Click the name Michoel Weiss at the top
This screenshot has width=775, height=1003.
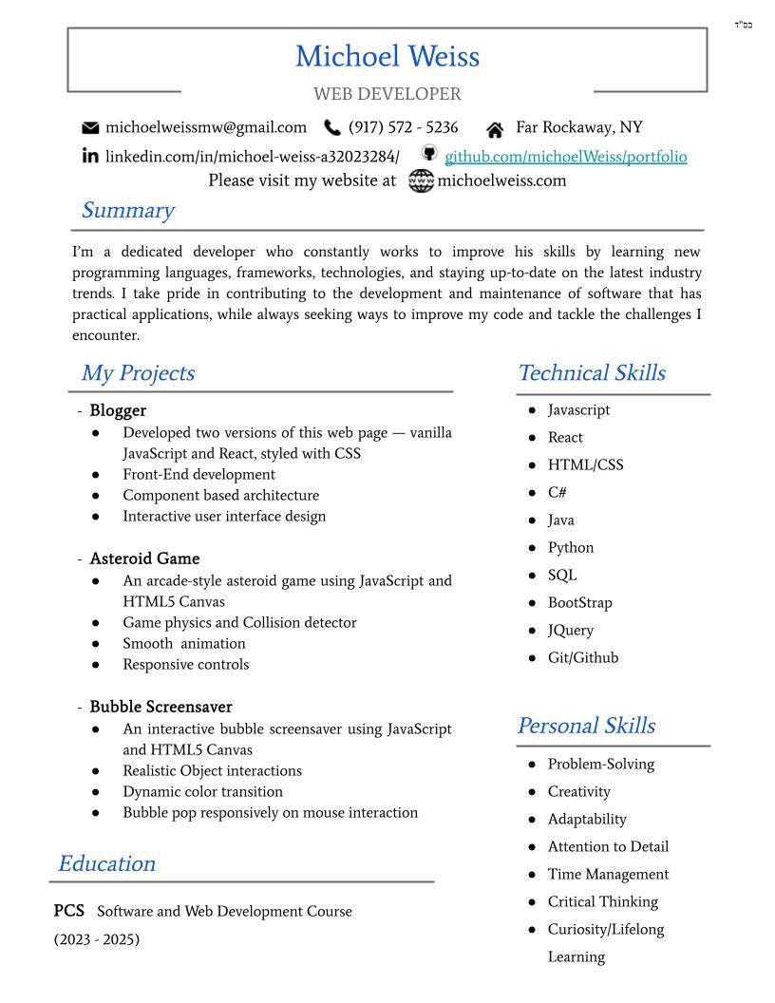pos(387,56)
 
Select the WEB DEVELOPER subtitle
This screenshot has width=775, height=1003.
pos(387,94)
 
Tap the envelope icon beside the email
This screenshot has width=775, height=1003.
pos(90,128)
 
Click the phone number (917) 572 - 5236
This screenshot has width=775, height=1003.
pos(403,127)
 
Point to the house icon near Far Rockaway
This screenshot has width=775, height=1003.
pos(494,129)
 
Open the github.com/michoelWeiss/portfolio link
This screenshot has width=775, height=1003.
pos(565,157)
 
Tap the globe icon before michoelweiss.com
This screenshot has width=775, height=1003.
pos(421,180)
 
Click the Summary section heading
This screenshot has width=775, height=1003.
pos(127,210)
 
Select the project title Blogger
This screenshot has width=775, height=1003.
pos(118,410)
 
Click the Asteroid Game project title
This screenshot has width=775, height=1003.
pos(144,558)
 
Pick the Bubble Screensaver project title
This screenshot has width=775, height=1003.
pos(161,707)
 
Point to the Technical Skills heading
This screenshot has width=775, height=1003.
pos(591,373)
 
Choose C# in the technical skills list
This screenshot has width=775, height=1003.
pos(558,492)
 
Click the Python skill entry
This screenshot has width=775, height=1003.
pos(570,547)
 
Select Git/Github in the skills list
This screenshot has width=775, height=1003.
pos(582,657)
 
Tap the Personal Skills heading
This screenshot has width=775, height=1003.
pos(585,726)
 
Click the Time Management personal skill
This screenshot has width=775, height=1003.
pos(608,874)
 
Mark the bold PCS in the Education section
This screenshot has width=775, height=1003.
pos(69,911)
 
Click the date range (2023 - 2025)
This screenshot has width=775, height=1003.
pos(96,939)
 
